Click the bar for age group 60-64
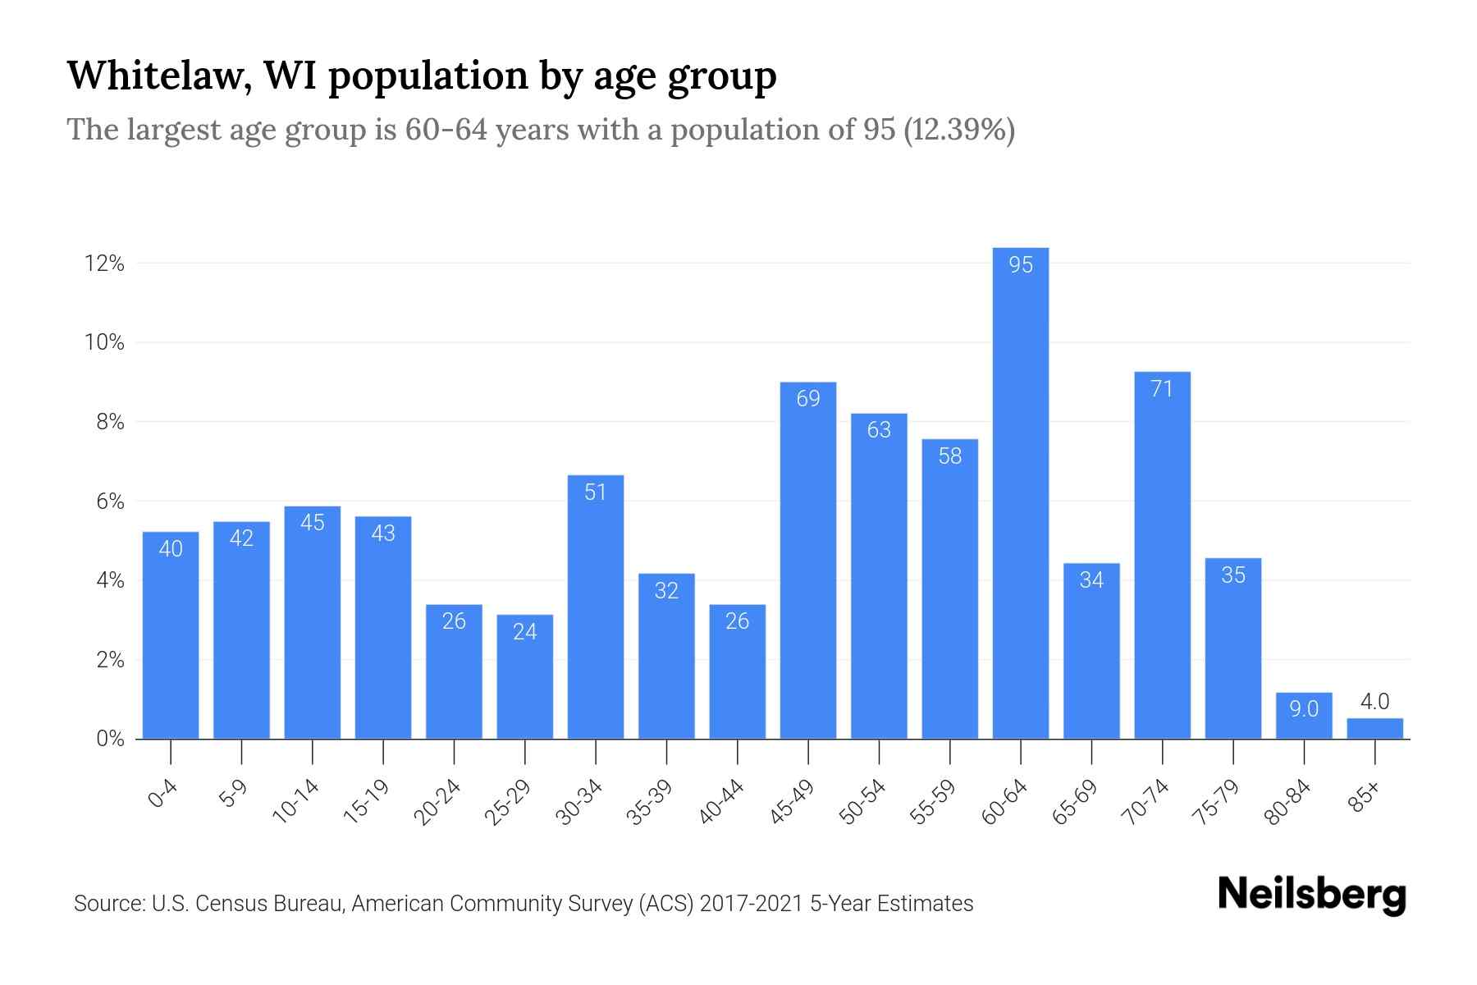1020,492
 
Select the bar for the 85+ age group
1374,729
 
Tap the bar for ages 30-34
596,607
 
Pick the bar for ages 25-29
524,677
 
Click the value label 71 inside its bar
1162,389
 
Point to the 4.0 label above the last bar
1374,702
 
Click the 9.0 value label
1303,709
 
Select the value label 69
808,399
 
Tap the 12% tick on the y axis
104,264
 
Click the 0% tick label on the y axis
110,739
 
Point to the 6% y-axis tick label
110,502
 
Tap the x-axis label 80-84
1287,802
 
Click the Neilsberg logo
1311,895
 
